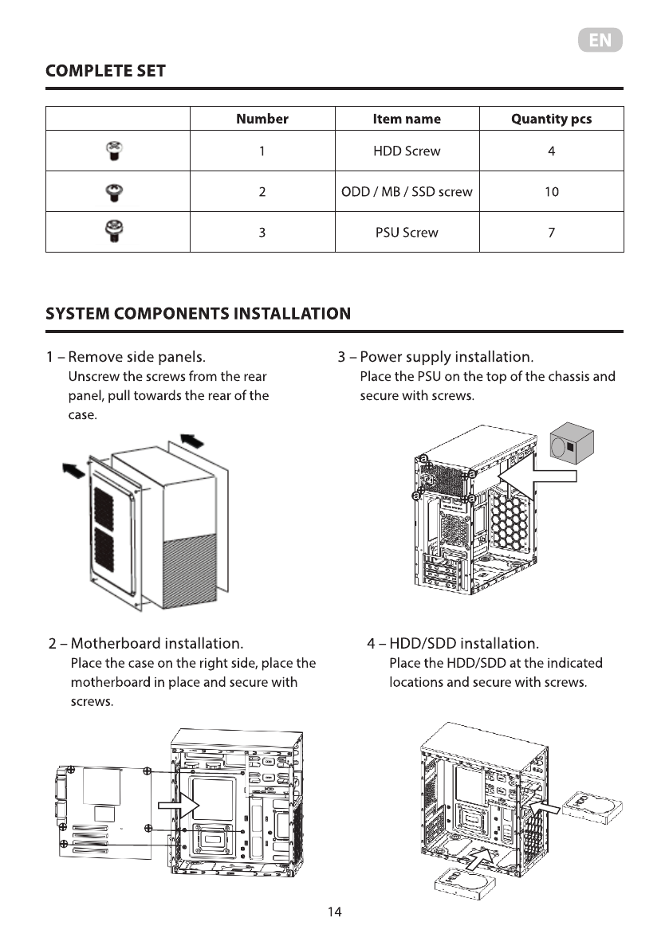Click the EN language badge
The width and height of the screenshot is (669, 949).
[600, 41]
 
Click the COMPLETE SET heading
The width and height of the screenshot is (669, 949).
[105, 71]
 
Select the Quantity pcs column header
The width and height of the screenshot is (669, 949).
[551, 119]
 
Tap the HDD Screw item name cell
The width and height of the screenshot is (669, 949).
[407, 151]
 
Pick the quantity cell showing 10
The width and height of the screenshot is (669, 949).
[551, 191]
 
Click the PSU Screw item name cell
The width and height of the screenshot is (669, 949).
[407, 233]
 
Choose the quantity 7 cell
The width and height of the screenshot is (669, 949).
[551, 233]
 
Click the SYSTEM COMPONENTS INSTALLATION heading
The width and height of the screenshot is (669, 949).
[198, 313]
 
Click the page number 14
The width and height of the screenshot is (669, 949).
[335, 912]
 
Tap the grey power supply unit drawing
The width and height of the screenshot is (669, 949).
[572, 446]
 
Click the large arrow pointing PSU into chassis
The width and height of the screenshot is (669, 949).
[538, 476]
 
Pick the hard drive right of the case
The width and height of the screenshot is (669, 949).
[592, 804]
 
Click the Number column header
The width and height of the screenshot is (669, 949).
[262, 119]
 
